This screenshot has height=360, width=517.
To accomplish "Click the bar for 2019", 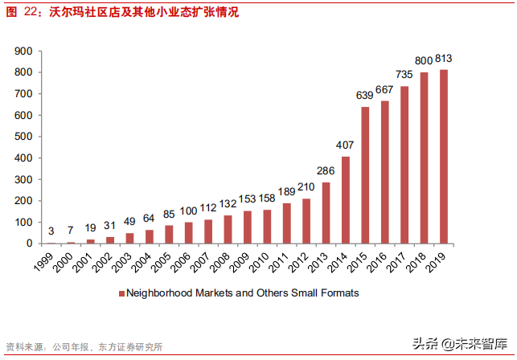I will pos(444,157).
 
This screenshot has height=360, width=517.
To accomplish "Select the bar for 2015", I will pos(365,175).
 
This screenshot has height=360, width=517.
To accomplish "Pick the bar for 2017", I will pos(404,165).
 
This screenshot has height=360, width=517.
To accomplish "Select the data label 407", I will pos(345,145).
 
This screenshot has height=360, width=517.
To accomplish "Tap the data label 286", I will pos(326,171).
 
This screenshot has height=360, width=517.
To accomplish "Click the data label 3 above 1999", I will pos(51,231).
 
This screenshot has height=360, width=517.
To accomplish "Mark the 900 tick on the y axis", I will pos(23,51).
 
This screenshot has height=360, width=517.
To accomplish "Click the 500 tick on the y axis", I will pos(23,137).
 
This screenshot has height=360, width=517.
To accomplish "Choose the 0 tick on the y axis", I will pos(29,243).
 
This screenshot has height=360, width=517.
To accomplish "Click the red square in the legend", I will pos(122,294).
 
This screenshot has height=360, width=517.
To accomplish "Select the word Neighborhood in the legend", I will pos(158,293).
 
